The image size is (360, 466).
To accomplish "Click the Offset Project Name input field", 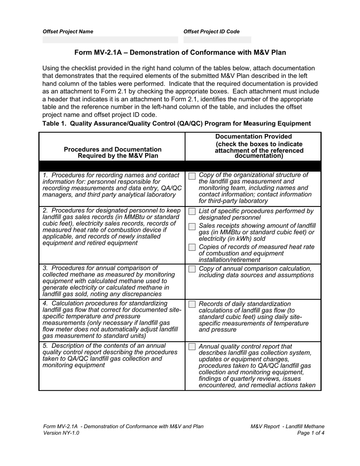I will [110, 40].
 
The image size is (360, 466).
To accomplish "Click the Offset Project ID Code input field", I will [217, 40].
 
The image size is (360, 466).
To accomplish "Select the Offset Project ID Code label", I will [211, 32].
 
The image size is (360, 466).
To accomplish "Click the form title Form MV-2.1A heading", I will [180, 53].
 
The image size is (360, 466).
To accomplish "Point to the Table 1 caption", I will [177, 124].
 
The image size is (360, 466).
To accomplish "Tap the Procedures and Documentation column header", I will [113, 152].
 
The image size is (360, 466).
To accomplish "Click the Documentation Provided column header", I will [254, 146].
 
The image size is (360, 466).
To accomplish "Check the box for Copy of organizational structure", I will [192, 176].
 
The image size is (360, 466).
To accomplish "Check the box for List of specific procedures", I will [192, 211].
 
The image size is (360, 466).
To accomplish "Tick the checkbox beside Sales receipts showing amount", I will [192, 226].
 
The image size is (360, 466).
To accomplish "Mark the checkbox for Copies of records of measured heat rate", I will [192, 247].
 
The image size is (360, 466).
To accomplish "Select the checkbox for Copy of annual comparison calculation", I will [192, 269].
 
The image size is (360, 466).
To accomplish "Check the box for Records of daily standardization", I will [192, 304].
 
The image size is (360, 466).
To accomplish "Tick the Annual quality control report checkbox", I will [192, 347].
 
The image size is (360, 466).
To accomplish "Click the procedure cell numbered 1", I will [112, 185].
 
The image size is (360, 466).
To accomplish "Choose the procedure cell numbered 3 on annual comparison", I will [112, 281].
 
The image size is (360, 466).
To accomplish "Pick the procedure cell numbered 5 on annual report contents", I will [112, 355].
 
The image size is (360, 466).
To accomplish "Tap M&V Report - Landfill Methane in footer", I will [287, 426].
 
